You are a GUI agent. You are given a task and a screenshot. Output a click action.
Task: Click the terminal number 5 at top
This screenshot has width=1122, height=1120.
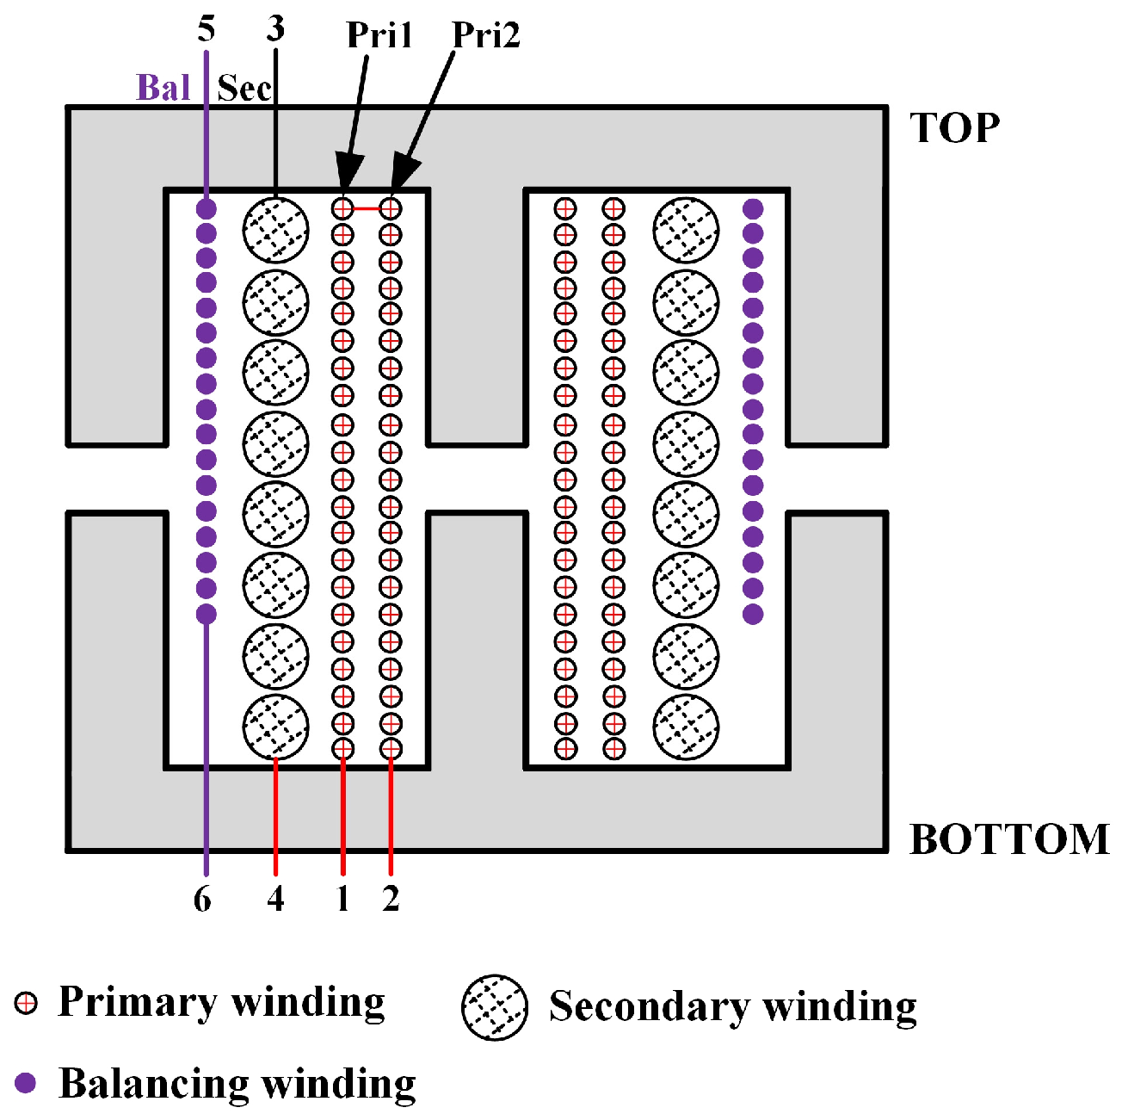click(x=206, y=28)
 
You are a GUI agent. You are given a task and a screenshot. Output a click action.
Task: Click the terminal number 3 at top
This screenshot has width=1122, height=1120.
click(x=275, y=28)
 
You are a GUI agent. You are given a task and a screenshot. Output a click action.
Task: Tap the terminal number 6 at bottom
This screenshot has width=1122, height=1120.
click(x=202, y=899)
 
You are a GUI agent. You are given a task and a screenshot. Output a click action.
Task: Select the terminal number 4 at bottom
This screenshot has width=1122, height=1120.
click(x=275, y=899)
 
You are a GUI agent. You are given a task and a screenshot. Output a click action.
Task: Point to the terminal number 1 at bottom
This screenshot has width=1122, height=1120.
click(x=342, y=899)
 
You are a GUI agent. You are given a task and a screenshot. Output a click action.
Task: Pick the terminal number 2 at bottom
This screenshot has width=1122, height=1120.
click(x=391, y=899)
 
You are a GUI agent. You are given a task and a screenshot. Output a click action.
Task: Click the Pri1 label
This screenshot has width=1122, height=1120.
click(x=379, y=35)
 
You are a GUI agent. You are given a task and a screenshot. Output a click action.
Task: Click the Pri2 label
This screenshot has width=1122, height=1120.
click(x=486, y=35)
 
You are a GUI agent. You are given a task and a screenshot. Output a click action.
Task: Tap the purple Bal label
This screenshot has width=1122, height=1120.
click(x=163, y=88)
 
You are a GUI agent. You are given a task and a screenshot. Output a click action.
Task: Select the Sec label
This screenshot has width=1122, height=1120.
click(x=244, y=89)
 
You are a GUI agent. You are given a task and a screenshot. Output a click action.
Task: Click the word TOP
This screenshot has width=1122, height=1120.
click(x=955, y=129)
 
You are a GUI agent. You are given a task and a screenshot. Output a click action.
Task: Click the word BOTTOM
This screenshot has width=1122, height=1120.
click(x=1009, y=839)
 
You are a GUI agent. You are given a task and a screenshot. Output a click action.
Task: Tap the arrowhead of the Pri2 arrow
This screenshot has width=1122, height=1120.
click(x=403, y=173)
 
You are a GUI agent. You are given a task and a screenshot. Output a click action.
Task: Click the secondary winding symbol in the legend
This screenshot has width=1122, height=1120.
click(x=495, y=1008)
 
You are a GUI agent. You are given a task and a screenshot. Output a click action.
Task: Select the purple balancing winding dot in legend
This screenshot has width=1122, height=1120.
click(x=26, y=1083)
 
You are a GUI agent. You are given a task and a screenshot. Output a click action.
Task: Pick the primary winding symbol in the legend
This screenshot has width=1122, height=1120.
click(x=27, y=1003)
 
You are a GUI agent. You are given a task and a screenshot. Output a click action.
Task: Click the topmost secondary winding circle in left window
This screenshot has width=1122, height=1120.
click(x=275, y=230)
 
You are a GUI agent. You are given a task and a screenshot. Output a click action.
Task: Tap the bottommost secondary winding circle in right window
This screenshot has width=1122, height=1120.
click(x=686, y=727)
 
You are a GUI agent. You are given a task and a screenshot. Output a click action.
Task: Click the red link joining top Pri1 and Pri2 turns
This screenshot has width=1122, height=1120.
click(x=367, y=207)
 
